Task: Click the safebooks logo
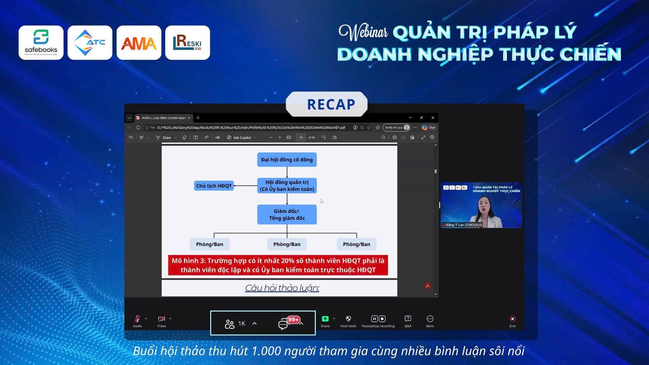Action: pyautogui.click(x=41, y=43)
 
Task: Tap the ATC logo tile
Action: pyautogui.click(x=90, y=43)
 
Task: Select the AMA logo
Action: pyautogui.click(x=139, y=43)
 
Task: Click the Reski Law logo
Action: pyautogui.click(x=187, y=43)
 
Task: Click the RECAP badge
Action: pyautogui.click(x=327, y=104)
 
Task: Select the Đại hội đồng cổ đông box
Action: pyautogui.click(x=287, y=160)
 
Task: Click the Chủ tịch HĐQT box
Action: pyautogui.click(x=214, y=186)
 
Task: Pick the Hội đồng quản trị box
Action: pyautogui.click(x=287, y=186)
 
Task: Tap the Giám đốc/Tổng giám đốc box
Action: pyautogui.click(x=287, y=214)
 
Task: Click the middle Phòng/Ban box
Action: pyautogui.click(x=287, y=244)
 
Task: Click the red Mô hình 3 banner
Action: pyautogui.click(x=278, y=265)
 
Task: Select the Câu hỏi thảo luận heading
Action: pyautogui.click(x=282, y=288)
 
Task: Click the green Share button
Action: pyautogui.click(x=325, y=319)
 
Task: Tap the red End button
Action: pyautogui.click(x=512, y=319)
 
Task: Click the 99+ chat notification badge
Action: pyautogui.click(x=293, y=319)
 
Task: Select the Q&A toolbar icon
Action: pyautogui.click(x=408, y=319)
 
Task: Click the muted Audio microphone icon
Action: pyautogui.click(x=137, y=319)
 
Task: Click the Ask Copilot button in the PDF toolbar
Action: pyautogui.click(x=241, y=138)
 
